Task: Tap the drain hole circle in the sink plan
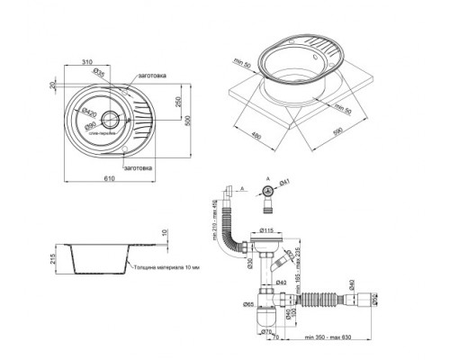click(111, 117)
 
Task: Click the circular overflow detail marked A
click(267, 190)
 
